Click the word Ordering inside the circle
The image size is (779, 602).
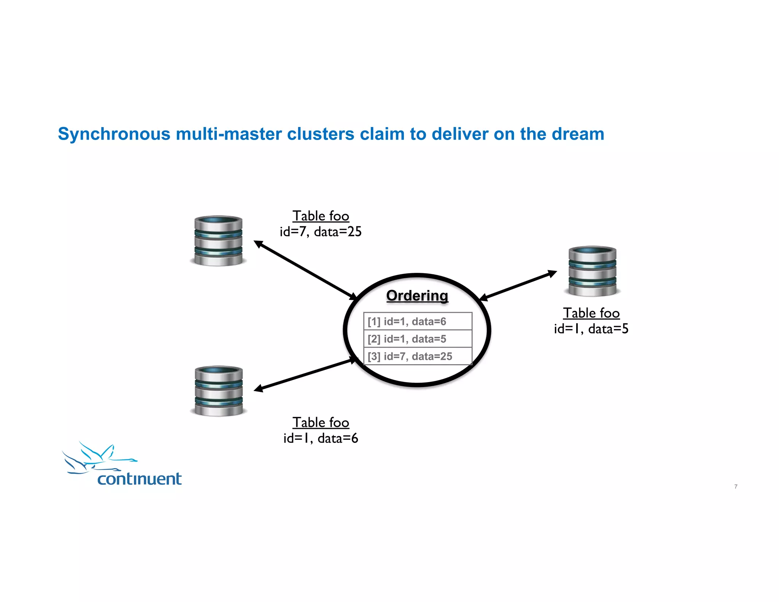click(417, 296)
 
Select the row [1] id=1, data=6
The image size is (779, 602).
click(417, 322)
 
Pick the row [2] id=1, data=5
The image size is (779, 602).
click(417, 339)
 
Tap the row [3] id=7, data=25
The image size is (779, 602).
click(417, 356)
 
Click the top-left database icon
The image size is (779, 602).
click(218, 240)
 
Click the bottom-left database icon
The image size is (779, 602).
click(219, 391)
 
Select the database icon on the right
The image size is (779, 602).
click(592, 271)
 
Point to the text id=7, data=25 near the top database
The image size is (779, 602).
click(320, 232)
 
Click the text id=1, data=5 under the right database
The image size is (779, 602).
click(591, 329)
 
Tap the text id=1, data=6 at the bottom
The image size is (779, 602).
click(320, 438)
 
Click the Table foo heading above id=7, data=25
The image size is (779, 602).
click(320, 216)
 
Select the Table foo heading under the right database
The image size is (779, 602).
click(591, 313)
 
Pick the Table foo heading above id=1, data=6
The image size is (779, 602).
click(320, 422)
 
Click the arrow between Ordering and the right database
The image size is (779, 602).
click(518, 285)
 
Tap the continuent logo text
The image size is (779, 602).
click(139, 479)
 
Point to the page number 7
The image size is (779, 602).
click(736, 486)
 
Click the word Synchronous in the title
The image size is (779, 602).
click(114, 134)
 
